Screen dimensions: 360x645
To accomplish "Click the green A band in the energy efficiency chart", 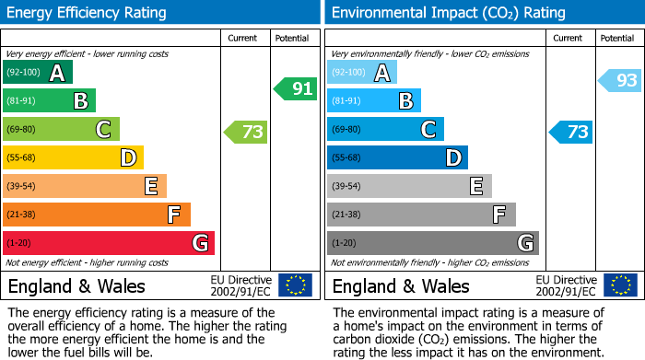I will coord(38,73).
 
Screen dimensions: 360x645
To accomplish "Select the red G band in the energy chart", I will coord(109,243).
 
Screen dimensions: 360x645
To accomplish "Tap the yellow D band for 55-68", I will coord(73,157).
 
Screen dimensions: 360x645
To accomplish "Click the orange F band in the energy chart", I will coord(97,215).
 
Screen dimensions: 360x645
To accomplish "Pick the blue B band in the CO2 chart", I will coord(374,100).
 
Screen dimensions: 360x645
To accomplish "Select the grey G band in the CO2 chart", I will coord(432,243).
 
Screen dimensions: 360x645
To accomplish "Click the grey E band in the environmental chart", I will coord(409,186).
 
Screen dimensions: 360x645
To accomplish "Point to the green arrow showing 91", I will coord(296,89).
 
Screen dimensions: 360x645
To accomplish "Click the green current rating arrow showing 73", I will coord(246,132).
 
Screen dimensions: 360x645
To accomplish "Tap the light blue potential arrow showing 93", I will coord(620,81).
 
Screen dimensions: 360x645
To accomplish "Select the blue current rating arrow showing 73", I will coord(571,132).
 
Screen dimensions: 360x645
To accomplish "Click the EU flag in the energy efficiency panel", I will coord(295,285).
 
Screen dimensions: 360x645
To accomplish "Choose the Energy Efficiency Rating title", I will coord(88,13).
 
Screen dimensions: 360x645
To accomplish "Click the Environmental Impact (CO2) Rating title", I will coord(448,13).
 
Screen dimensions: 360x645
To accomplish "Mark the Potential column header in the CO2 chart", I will coord(617,38).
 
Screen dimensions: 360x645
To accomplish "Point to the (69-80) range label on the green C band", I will coord(23,129).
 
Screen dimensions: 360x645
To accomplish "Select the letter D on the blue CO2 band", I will coord(452,157).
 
